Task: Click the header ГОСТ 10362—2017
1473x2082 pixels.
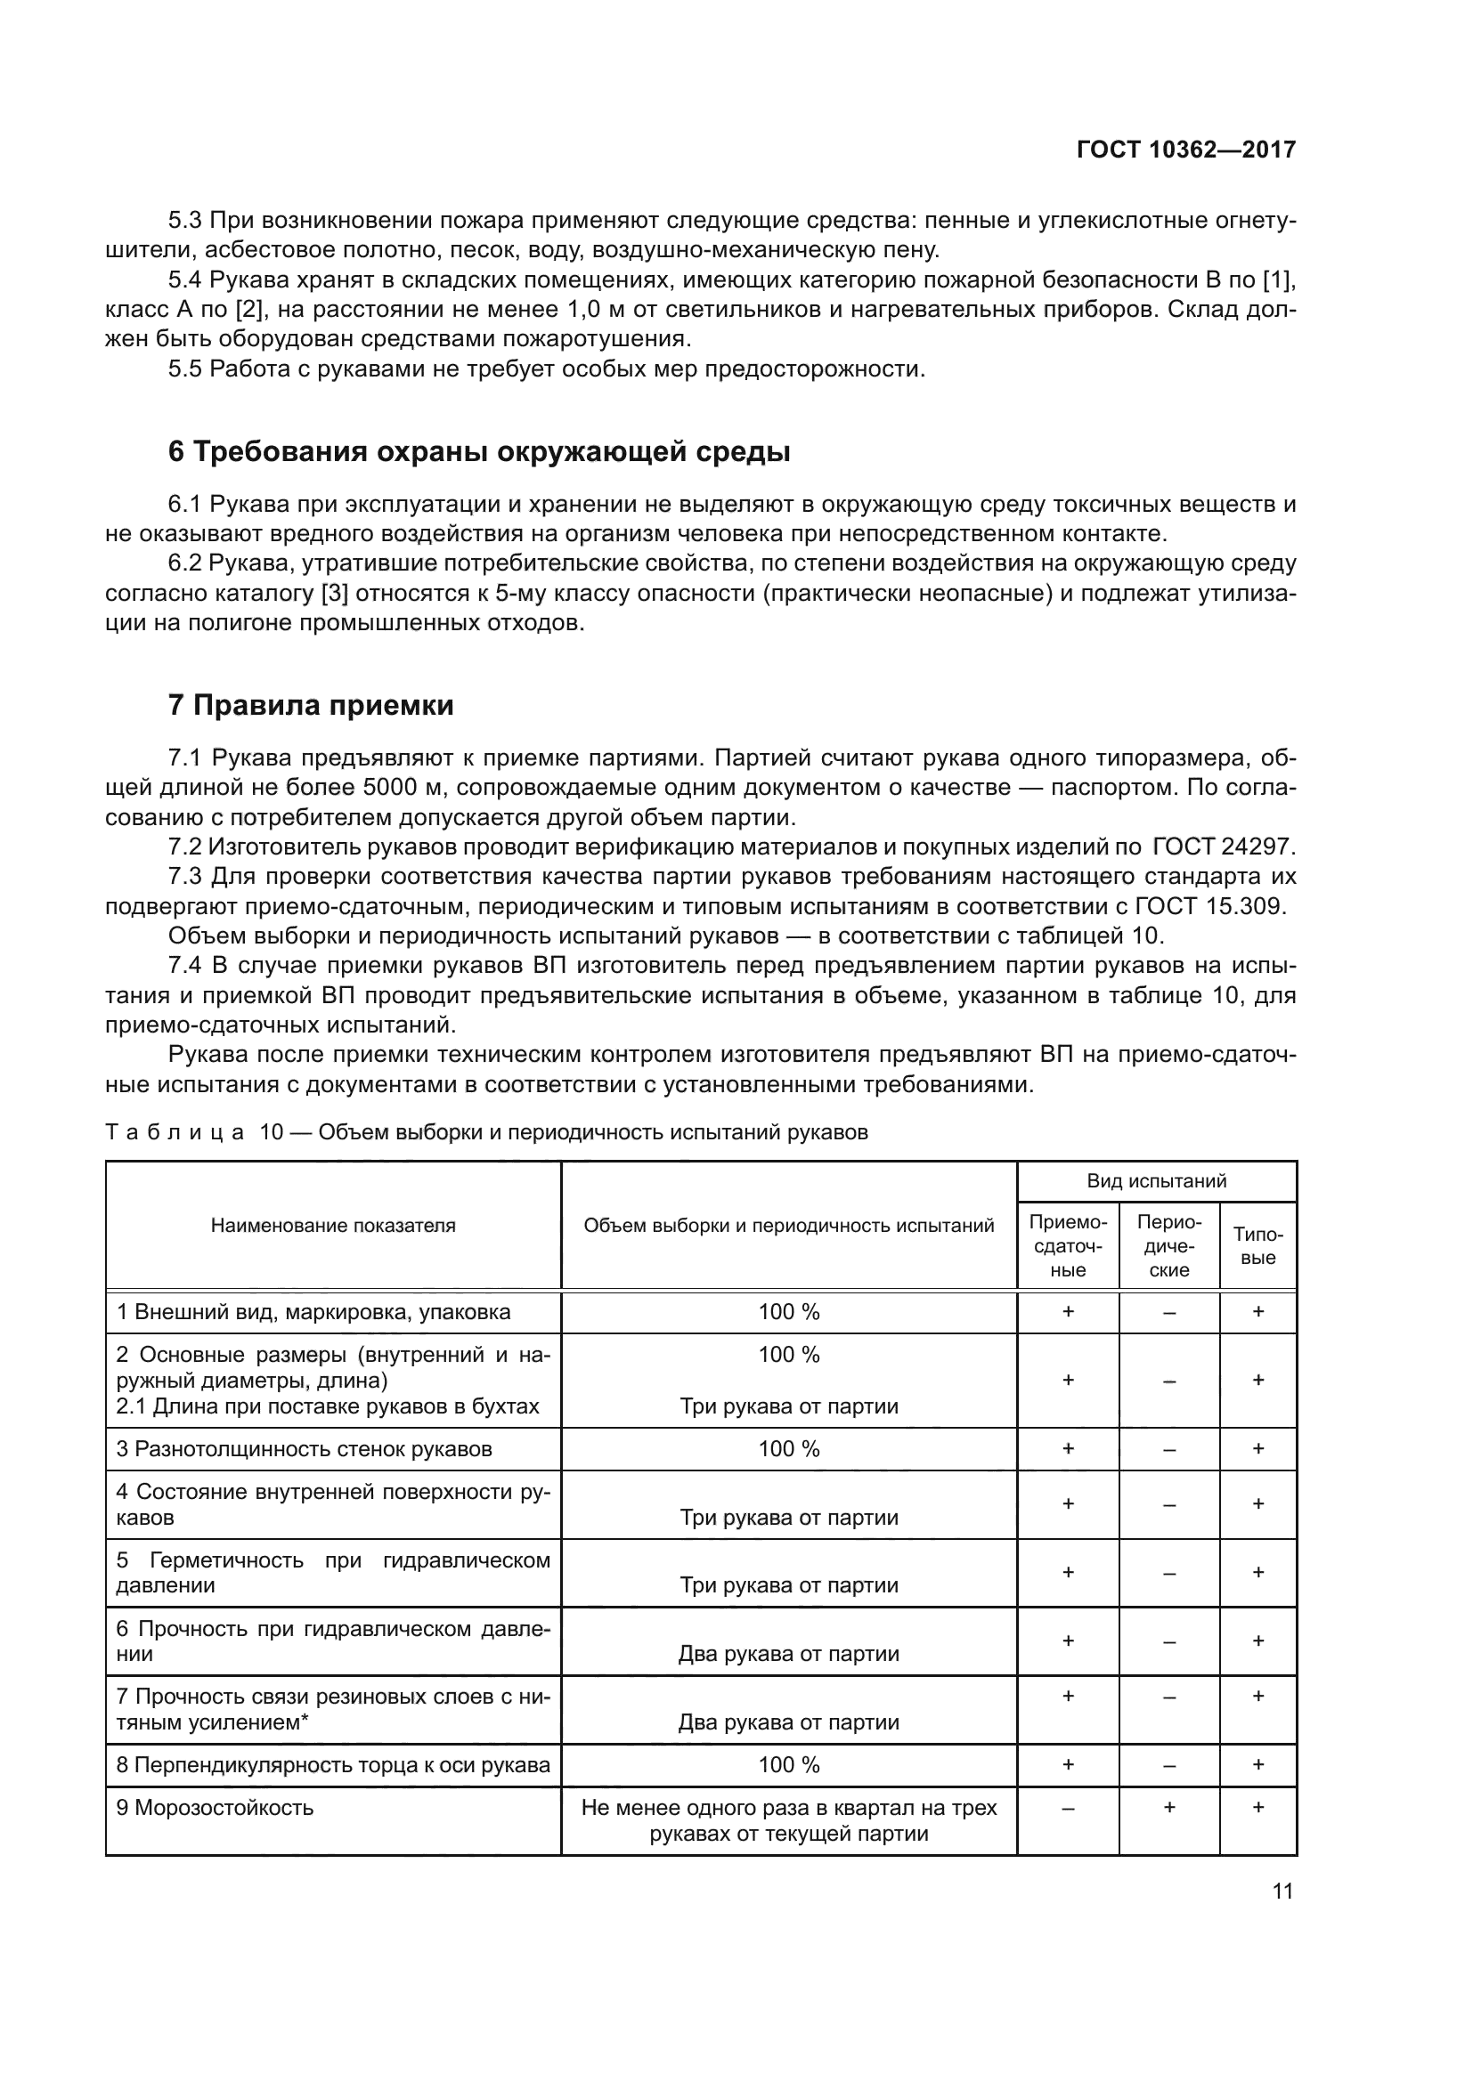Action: [x=1185, y=150]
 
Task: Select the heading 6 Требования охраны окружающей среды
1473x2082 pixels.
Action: [x=479, y=451]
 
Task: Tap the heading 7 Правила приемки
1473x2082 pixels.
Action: [x=310, y=705]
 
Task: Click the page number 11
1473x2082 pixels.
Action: [x=1282, y=1892]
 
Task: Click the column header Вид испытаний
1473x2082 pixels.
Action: [x=1157, y=1180]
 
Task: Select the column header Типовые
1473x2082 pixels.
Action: [x=1258, y=1246]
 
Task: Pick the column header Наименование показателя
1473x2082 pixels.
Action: [x=333, y=1226]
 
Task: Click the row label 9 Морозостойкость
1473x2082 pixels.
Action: [x=215, y=1808]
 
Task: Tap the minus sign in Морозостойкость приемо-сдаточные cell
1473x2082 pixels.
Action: [x=1068, y=1808]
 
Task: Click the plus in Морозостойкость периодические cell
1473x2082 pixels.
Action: [x=1169, y=1807]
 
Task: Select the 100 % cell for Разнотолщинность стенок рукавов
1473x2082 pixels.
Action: [x=788, y=1449]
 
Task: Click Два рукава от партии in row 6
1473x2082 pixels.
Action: [x=788, y=1654]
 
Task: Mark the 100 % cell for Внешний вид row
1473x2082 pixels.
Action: [x=788, y=1312]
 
